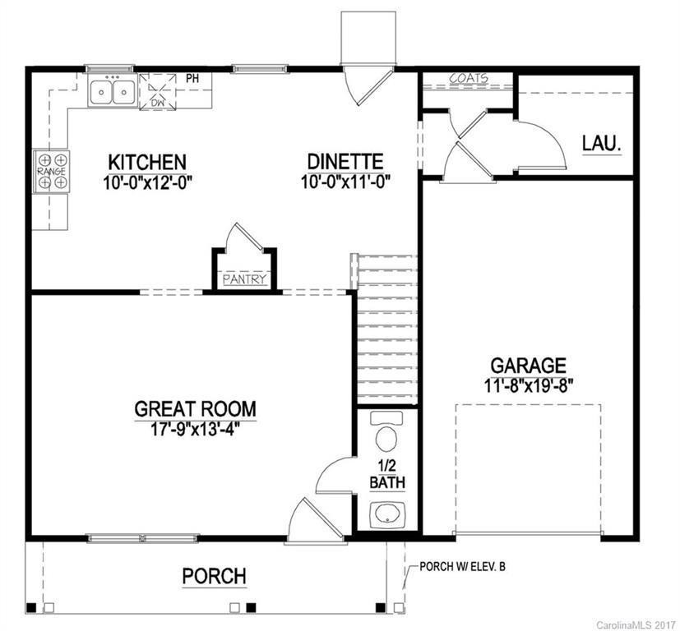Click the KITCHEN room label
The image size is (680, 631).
(x=148, y=162)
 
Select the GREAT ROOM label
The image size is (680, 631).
(x=195, y=408)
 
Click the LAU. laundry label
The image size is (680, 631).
(x=601, y=142)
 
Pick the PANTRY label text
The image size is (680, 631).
(x=245, y=279)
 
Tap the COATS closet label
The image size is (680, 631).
(x=468, y=79)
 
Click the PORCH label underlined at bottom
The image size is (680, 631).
(x=214, y=576)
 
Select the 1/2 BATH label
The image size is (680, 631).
(x=386, y=474)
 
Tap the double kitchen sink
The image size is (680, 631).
(x=113, y=90)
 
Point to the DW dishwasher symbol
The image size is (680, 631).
(x=158, y=91)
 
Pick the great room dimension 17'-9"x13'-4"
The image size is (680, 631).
(x=195, y=427)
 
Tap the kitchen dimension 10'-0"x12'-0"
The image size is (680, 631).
(x=148, y=182)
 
